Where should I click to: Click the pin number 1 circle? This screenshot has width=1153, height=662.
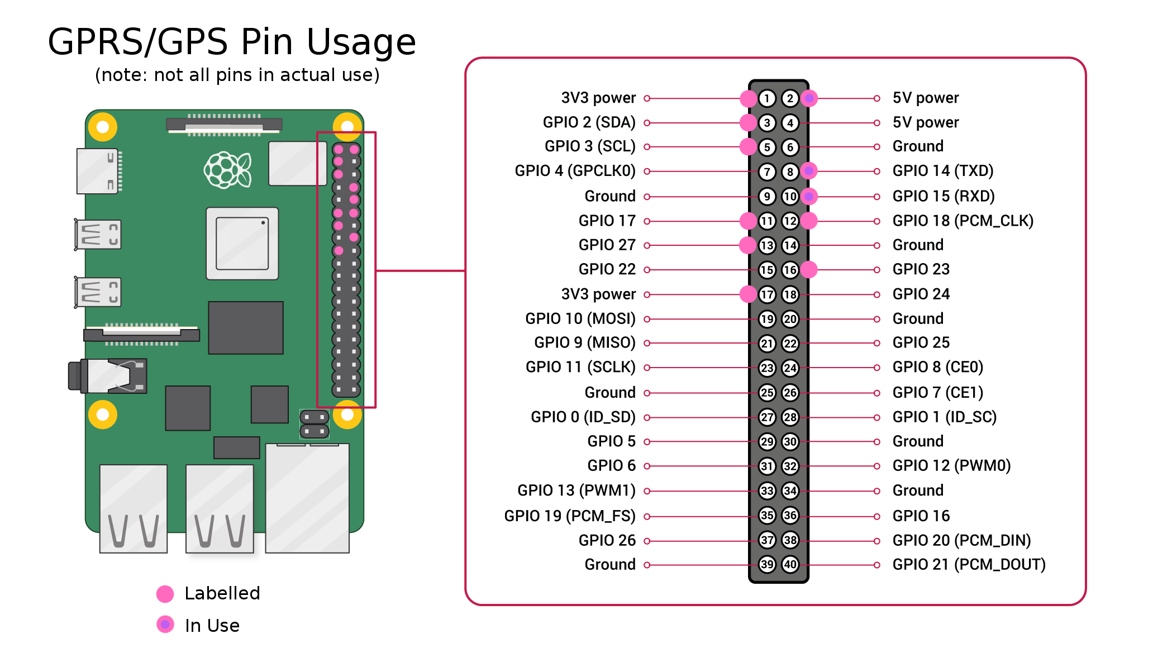coord(767,98)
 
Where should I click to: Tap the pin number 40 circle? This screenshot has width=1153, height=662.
coord(790,564)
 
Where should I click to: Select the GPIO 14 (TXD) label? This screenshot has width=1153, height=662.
coord(942,171)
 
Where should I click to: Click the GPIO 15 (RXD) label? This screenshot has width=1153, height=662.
coord(943,196)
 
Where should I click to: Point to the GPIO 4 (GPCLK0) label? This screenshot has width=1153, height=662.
coord(575,171)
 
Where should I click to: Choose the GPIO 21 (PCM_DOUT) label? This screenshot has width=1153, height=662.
coord(969,564)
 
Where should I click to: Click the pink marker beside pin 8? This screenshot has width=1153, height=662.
coord(809,171)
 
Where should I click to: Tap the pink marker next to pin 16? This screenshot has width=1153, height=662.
coord(809,270)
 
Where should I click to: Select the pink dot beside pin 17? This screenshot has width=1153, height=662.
coord(748,294)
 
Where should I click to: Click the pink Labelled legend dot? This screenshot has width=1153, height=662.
coord(165,594)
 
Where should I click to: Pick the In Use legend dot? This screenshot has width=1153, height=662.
coord(165,625)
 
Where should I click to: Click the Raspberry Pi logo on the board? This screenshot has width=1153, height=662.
coord(227,170)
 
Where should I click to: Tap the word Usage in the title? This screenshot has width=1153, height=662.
coord(361,42)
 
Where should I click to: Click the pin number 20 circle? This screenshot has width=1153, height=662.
coord(790,319)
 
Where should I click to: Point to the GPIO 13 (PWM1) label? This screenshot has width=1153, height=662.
coord(576,490)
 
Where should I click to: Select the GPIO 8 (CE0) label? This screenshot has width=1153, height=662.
coord(937,367)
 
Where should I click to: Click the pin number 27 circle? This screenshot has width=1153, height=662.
coord(767,417)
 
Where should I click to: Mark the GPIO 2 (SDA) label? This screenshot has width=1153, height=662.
coord(589,122)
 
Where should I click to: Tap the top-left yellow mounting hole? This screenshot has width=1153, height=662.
coord(103,127)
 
